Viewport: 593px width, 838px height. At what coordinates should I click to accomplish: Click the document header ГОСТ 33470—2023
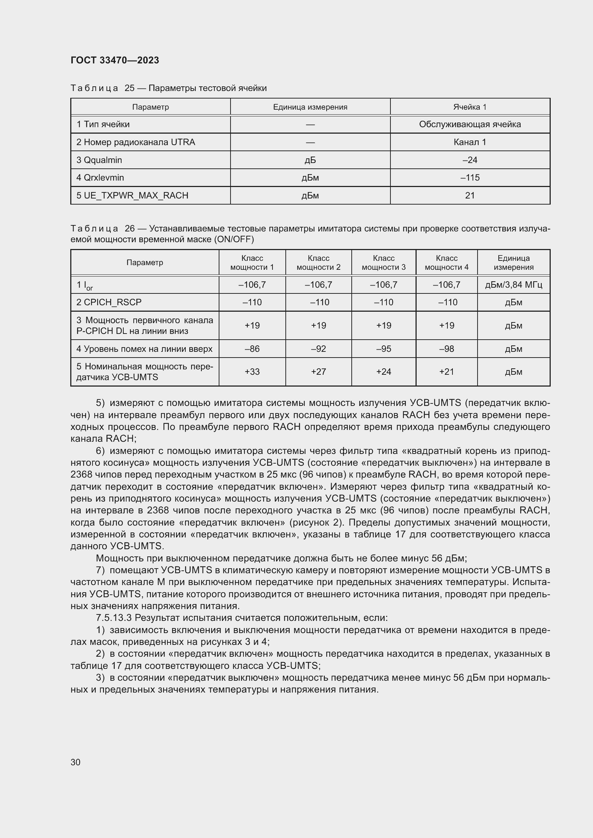115,60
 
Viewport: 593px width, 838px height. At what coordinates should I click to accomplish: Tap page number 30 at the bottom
76,762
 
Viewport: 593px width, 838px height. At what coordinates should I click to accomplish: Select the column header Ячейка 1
470,107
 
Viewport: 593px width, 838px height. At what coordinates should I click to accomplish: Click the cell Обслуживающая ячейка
470,124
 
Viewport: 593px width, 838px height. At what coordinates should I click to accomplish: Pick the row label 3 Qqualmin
99,160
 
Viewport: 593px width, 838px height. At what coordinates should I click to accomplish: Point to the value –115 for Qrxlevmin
470,178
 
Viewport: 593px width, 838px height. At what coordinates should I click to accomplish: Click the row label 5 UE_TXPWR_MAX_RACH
132,196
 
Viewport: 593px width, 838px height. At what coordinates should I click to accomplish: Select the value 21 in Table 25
470,196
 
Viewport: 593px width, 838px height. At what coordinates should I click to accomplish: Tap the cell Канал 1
470,142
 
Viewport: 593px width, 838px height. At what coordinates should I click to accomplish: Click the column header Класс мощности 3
383,262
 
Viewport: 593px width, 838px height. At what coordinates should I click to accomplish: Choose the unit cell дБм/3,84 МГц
513,285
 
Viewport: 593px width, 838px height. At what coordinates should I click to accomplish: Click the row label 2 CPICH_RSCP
109,302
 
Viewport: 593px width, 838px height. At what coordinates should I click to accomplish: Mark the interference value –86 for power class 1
252,349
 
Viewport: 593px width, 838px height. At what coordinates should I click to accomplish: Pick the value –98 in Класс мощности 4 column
446,349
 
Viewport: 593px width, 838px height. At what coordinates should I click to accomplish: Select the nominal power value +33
252,372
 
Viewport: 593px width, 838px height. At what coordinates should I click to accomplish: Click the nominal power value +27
318,372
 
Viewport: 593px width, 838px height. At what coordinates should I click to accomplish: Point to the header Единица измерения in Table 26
513,262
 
